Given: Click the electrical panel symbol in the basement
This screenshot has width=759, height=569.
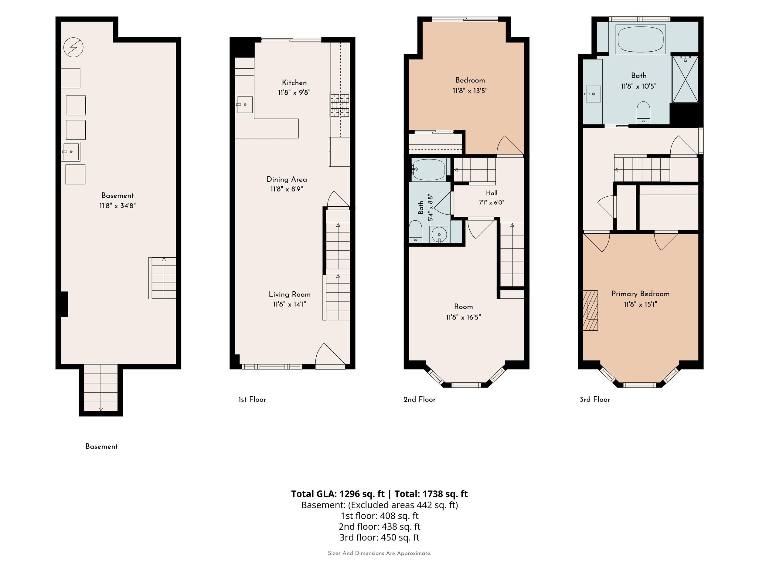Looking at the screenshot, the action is pyautogui.click(x=73, y=47).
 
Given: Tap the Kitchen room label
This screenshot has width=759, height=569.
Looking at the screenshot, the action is pyautogui.click(x=294, y=83).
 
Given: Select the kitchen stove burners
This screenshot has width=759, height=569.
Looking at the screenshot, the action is pyautogui.click(x=340, y=105).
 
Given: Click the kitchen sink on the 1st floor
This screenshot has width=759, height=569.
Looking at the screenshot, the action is pyautogui.click(x=244, y=105).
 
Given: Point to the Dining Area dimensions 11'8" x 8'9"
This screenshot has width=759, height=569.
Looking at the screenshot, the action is pyautogui.click(x=287, y=189).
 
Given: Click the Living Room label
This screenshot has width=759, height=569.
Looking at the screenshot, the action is pyautogui.click(x=290, y=294).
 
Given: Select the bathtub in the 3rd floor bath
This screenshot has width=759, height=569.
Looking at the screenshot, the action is pyautogui.click(x=640, y=39).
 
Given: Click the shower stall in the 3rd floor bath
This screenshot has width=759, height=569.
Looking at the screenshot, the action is pyautogui.click(x=685, y=79).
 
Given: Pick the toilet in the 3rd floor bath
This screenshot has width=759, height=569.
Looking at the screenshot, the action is pyautogui.click(x=643, y=113).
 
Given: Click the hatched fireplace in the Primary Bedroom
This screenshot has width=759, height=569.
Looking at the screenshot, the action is pyautogui.click(x=591, y=310).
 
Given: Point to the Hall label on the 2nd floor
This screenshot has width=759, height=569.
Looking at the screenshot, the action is pyautogui.click(x=492, y=193).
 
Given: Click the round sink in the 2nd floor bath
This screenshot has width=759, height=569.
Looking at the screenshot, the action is pyautogui.click(x=439, y=235).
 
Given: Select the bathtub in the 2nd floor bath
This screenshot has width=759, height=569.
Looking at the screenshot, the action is pyautogui.click(x=429, y=169).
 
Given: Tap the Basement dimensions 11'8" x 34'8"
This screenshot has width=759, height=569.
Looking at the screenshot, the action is pyautogui.click(x=118, y=206).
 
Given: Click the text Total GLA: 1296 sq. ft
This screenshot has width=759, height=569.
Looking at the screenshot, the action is pyautogui.click(x=338, y=494).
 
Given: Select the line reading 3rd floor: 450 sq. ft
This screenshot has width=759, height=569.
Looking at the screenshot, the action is pyautogui.click(x=379, y=537).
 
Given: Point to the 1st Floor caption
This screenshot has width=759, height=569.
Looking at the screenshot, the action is pyautogui.click(x=252, y=399).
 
